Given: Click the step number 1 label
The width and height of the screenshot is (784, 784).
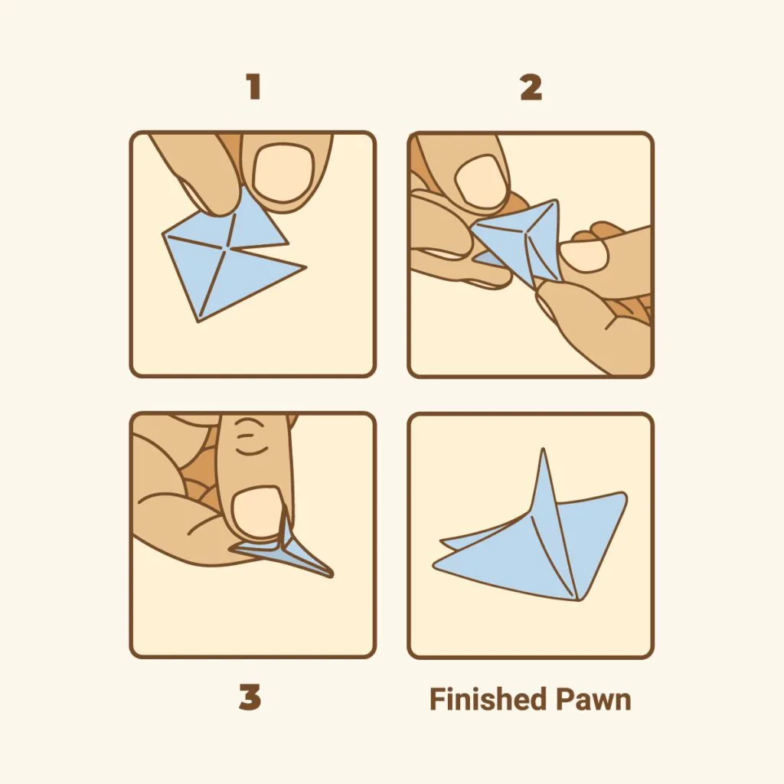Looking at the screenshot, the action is click(x=254, y=87).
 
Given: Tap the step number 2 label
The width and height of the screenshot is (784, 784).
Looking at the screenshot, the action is click(x=531, y=87).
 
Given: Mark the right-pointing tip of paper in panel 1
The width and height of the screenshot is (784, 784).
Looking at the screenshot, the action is click(x=305, y=267).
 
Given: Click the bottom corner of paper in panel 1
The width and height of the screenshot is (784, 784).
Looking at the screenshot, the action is click(x=198, y=322).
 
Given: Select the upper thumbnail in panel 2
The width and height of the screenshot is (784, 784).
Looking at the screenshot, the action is click(x=481, y=182).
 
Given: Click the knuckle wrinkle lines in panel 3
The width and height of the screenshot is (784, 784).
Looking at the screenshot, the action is click(x=251, y=436).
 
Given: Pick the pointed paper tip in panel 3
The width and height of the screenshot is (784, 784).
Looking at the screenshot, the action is click(x=331, y=576).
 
